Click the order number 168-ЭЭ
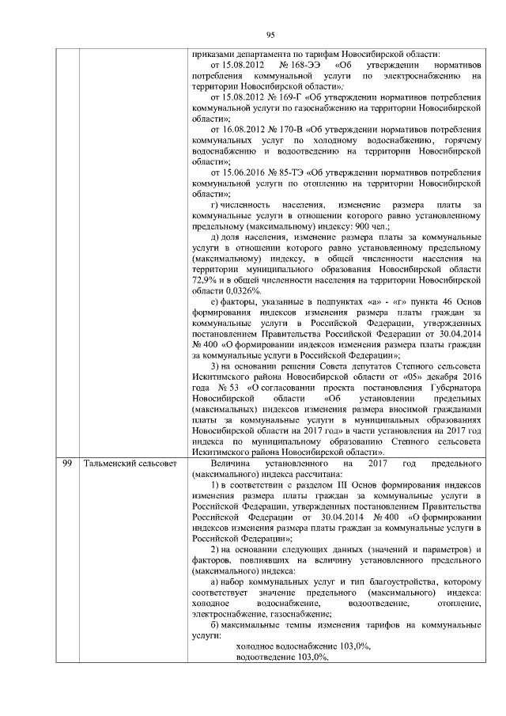(296, 65)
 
